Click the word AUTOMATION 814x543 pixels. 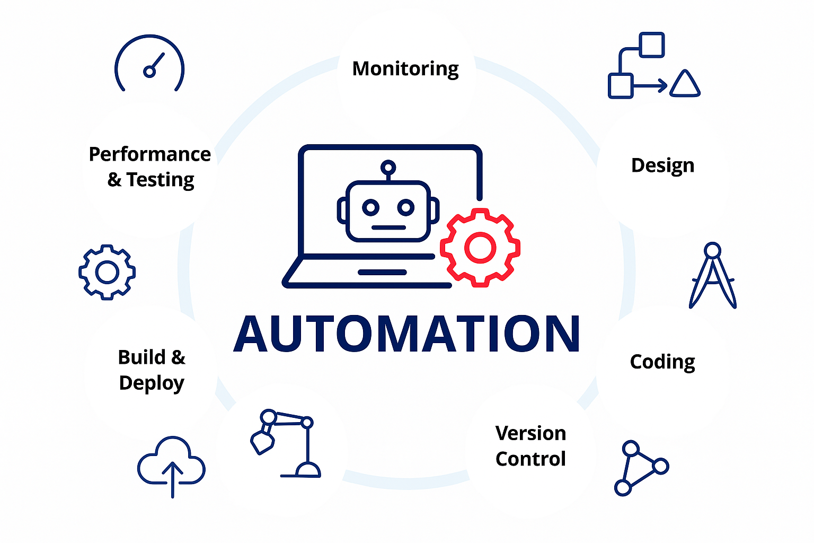tap(407, 334)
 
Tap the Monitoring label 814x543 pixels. tap(405, 69)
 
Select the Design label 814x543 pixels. tap(662, 165)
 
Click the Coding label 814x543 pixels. tap(662, 362)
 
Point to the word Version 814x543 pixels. tap(530, 433)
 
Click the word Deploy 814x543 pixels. tap(152, 383)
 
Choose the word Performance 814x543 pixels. tap(150, 154)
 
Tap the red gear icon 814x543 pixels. tap(480, 247)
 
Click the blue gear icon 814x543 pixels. tap(107, 272)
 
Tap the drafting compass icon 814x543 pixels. tap(713, 276)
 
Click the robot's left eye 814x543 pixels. tap(370, 207)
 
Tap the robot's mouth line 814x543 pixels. tap(388, 227)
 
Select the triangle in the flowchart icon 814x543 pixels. tap(685, 85)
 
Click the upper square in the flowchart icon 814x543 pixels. tap(651, 45)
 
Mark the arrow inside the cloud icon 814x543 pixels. tap(172, 477)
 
